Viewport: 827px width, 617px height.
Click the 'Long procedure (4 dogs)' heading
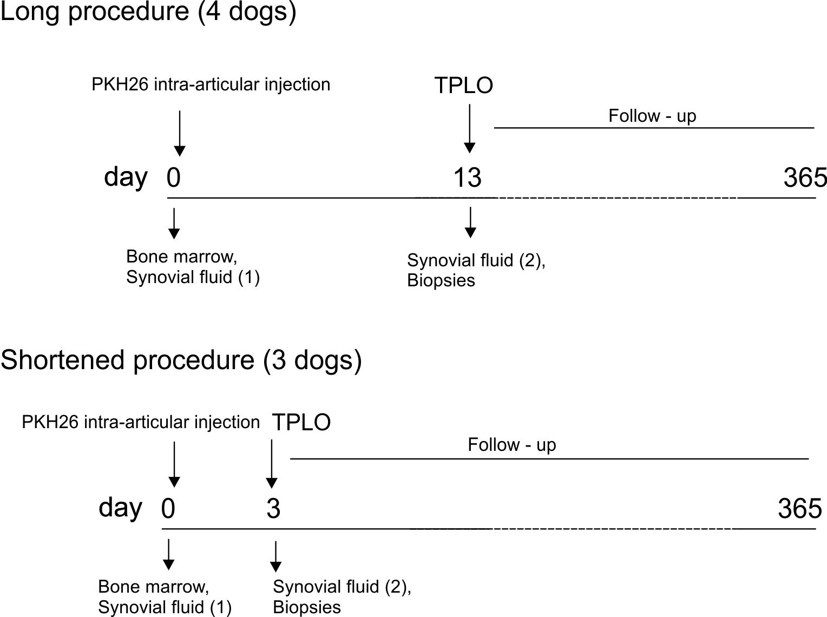click(148, 12)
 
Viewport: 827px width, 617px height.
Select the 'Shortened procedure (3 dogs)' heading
click(181, 360)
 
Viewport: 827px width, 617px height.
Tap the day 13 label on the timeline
click(467, 178)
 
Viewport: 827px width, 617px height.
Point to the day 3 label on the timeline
click(273, 508)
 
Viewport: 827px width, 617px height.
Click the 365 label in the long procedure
click(805, 178)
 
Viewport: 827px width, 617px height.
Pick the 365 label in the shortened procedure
click(799, 508)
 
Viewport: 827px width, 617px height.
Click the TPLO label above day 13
click(464, 86)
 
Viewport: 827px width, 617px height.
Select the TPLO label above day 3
click(301, 422)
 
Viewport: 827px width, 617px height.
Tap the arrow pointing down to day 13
click(470, 128)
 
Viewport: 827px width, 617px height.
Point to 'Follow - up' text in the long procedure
click(652, 116)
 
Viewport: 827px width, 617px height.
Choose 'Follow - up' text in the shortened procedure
click(512, 445)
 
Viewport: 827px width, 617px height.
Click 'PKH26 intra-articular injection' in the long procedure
click(211, 84)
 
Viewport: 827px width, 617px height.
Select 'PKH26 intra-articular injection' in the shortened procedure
click(141, 422)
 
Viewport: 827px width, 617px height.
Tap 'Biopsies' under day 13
click(441, 280)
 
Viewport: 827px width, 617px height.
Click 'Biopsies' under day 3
click(307, 607)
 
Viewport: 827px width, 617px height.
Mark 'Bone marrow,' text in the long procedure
click(182, 256)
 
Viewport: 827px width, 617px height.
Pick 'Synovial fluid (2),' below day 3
click(342, 587)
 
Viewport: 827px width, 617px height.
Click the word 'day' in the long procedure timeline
click(126, 177)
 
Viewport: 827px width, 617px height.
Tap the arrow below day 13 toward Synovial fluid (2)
click(471, 222)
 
